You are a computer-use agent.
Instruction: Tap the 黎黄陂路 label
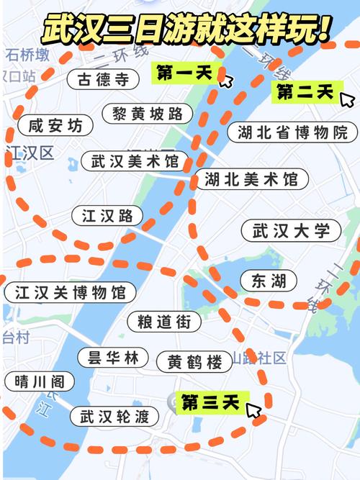pos(153,113)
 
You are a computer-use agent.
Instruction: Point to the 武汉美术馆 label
pos(135,160)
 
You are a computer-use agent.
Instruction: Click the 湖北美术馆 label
pos(251,178)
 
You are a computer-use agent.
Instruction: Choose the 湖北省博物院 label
pos(292,132)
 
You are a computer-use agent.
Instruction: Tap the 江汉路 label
pos(107,215)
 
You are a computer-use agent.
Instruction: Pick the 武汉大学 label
pos(291,231)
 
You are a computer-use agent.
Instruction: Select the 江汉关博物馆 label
pos(70,292)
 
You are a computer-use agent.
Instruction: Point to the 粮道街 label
pos(164,322)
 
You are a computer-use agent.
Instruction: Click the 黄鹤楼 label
pos(195,361)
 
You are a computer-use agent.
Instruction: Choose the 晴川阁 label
pos(36,381)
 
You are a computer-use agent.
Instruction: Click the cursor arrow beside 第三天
pos(253,411)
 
